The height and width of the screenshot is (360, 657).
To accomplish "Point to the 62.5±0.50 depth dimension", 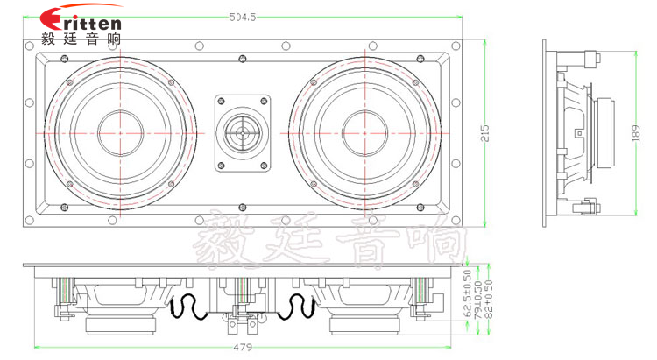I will [468, 286].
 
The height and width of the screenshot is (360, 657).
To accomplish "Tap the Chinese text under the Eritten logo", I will [81, 39].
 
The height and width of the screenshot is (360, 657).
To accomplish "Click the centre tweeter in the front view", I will [242, 133].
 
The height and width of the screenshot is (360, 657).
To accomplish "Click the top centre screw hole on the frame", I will [242, 60].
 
